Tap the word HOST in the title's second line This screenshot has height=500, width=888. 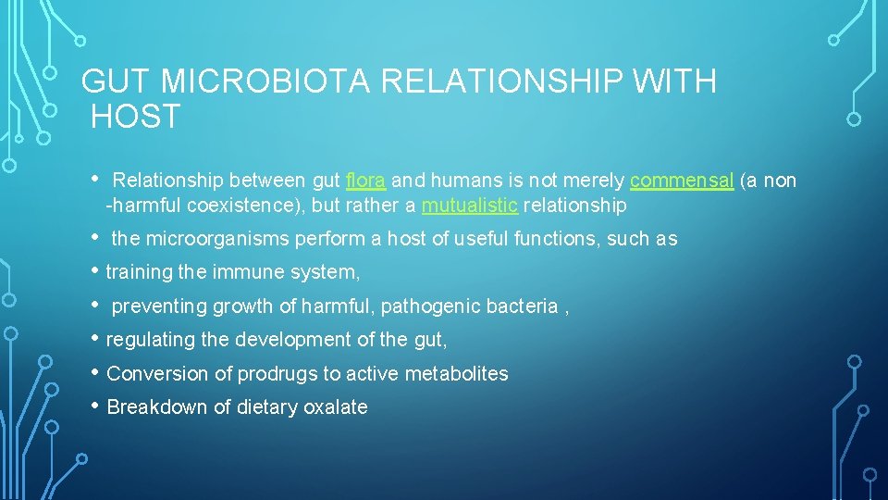click(136, 118)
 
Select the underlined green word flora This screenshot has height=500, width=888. click(365, 181)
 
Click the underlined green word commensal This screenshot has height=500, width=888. click(682, 181)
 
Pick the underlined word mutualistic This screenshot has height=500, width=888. click(469, 205)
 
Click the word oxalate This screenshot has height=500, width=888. click(333, 406)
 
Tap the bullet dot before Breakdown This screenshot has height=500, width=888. click(96, 406)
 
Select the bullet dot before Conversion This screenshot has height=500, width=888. click(96, 373)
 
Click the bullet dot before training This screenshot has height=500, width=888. click(96, 272)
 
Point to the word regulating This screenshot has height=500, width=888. click(150, 340)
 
